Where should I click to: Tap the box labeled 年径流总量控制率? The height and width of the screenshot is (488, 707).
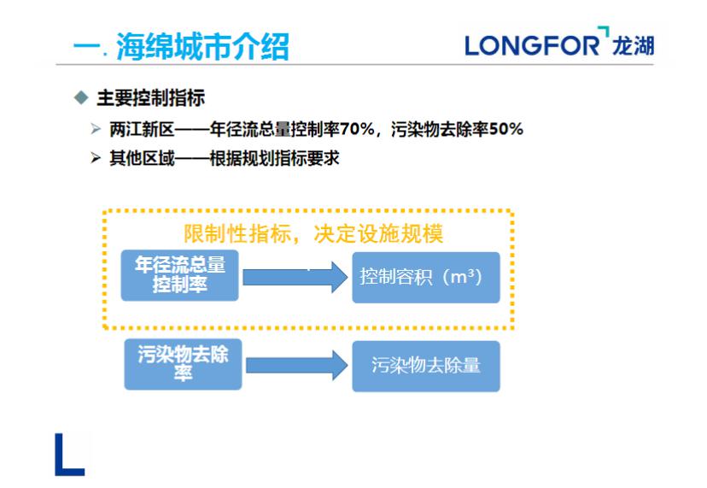[x=180, y=275]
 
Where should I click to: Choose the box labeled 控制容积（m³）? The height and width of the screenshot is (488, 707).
[x=425, y=277]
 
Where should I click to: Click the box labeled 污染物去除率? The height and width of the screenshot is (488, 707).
[x=183, y=364]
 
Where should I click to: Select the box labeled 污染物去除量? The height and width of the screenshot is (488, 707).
[x=425, y=366]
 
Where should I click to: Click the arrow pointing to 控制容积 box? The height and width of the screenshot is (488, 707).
[x=295, y=278]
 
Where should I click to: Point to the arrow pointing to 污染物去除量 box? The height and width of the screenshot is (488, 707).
[x=295, y=366]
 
